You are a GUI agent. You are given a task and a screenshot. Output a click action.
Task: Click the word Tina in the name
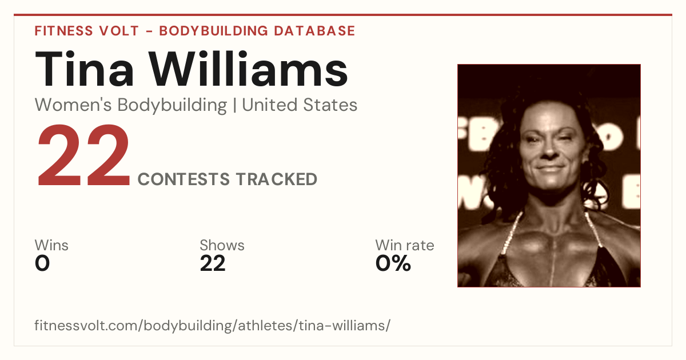tap(84, 69)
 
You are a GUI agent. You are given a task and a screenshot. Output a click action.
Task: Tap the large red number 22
tap(83, 155)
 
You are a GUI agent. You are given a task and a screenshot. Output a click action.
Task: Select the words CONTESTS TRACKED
tap(228, 179)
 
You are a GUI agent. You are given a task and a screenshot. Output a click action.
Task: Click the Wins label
tap(51, 245)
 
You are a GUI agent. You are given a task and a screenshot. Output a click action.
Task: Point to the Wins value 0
tap(42, 263)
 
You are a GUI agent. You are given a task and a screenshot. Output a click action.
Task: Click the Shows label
tap(222, 245)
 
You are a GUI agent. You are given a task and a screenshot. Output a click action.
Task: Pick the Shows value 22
tap(213, 263)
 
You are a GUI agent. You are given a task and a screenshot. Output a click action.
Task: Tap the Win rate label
tap(405, 245)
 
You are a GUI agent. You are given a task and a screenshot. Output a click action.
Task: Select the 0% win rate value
tap(393, 263)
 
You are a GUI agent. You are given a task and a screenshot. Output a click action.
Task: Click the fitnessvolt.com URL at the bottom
tap(213, 325)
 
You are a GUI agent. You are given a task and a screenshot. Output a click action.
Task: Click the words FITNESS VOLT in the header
tap(87, 31)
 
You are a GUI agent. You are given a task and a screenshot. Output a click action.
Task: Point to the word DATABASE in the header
tap(314, 31)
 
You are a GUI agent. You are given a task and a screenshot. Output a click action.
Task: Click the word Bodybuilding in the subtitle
tap(172, 105)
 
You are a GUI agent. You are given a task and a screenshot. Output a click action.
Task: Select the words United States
tap(300, 105)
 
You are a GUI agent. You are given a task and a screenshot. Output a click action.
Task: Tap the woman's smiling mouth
tap(551, 169)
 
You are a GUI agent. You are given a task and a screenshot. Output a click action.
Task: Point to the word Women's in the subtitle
tap(74, 105)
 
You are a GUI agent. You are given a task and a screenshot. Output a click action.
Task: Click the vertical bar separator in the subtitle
tap(234, 105)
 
